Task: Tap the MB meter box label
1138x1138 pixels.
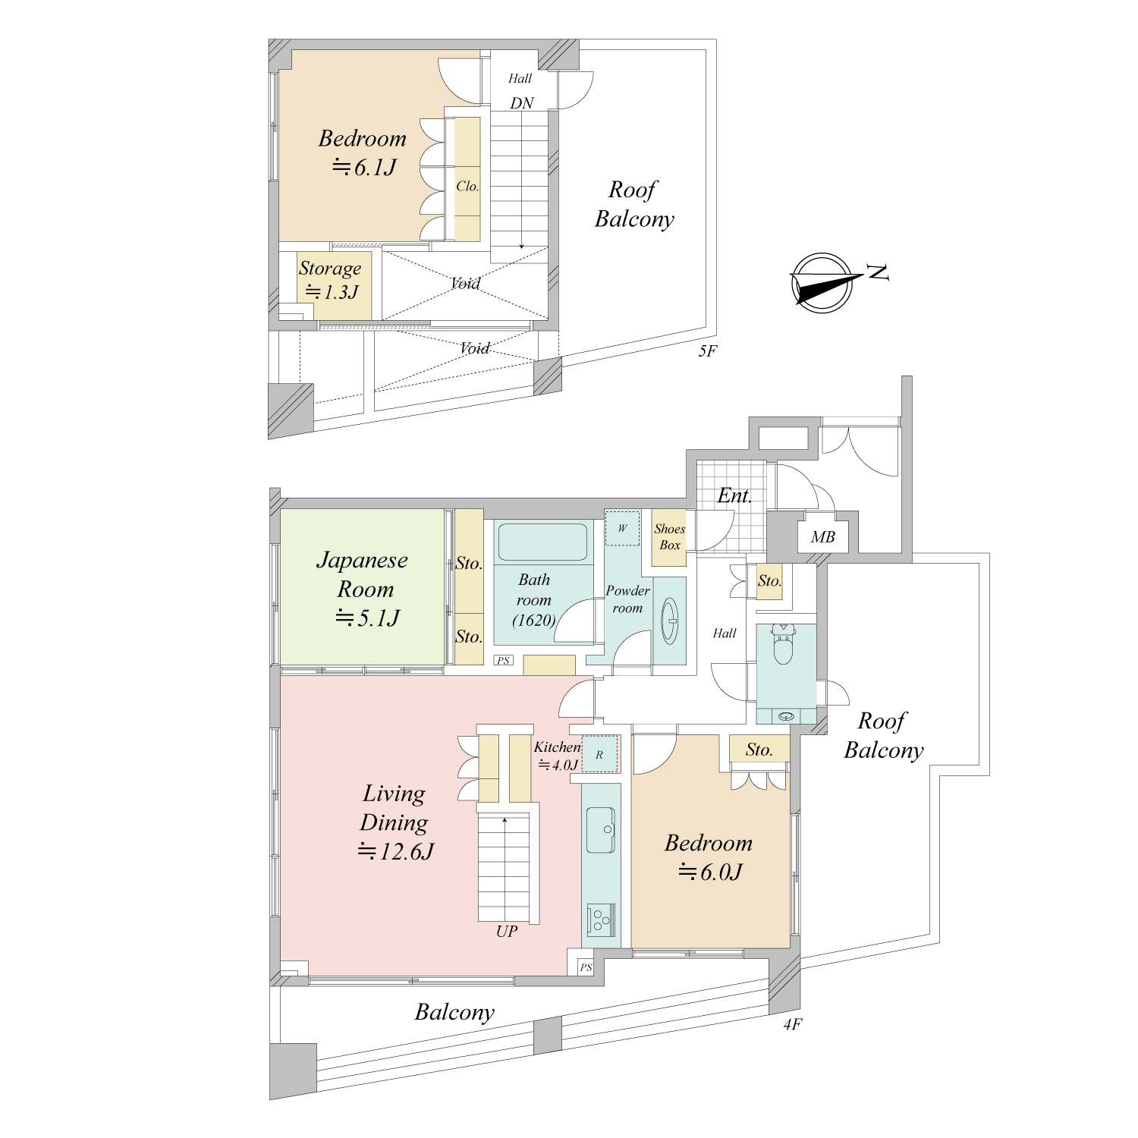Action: tap(822, 537)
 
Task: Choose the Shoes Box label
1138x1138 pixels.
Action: tap(670, 537)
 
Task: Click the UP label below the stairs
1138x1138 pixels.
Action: tap(507, 931)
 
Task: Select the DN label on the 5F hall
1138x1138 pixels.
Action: tap(522, 103)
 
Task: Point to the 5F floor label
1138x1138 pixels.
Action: tap(706, 351)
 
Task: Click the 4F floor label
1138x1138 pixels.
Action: tap(792, 1025)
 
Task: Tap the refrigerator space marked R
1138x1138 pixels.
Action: tap(600, 754)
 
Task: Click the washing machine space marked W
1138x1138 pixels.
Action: tap(622, 528)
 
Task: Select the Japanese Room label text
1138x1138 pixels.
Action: tap(363, 574)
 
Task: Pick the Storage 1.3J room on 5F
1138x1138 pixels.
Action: tap(334, 285)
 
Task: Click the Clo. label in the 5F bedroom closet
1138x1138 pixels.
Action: tap(467, 186)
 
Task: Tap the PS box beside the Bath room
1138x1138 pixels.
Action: tap(503, 660)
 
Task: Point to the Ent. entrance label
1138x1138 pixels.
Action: tap(734, 496)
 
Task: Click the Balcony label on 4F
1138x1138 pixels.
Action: tap(454, 1012)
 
